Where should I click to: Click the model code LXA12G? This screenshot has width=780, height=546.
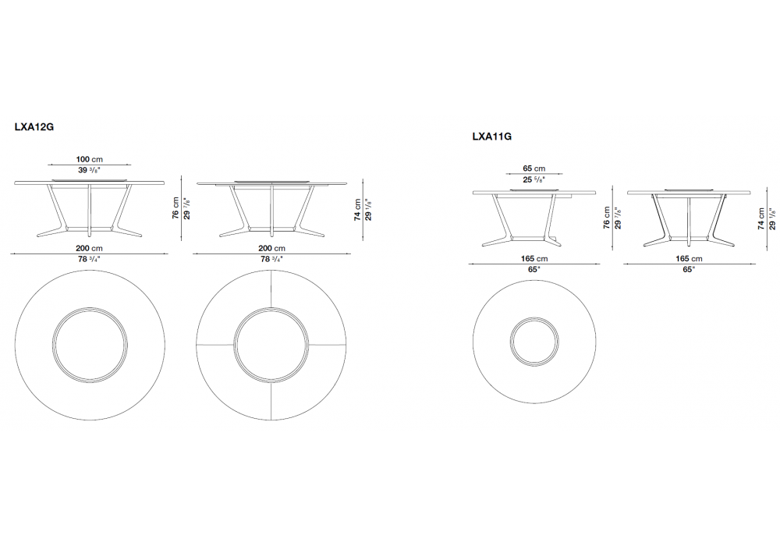coord(34,127)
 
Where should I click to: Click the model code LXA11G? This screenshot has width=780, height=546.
coord(492,136)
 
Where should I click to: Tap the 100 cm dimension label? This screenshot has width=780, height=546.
coord(90,159)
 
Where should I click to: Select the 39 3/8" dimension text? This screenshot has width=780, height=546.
coord(90,170)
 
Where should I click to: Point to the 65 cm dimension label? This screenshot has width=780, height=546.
coord(534,168)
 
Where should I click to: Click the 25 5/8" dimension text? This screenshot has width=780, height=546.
coord(534,179)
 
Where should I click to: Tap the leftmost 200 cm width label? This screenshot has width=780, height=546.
coord(90,248)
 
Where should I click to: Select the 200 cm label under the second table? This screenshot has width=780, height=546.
coord(271,248)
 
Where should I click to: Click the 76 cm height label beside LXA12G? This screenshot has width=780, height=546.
coord(175,207)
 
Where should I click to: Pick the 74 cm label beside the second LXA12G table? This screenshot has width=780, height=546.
coord(357,210)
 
